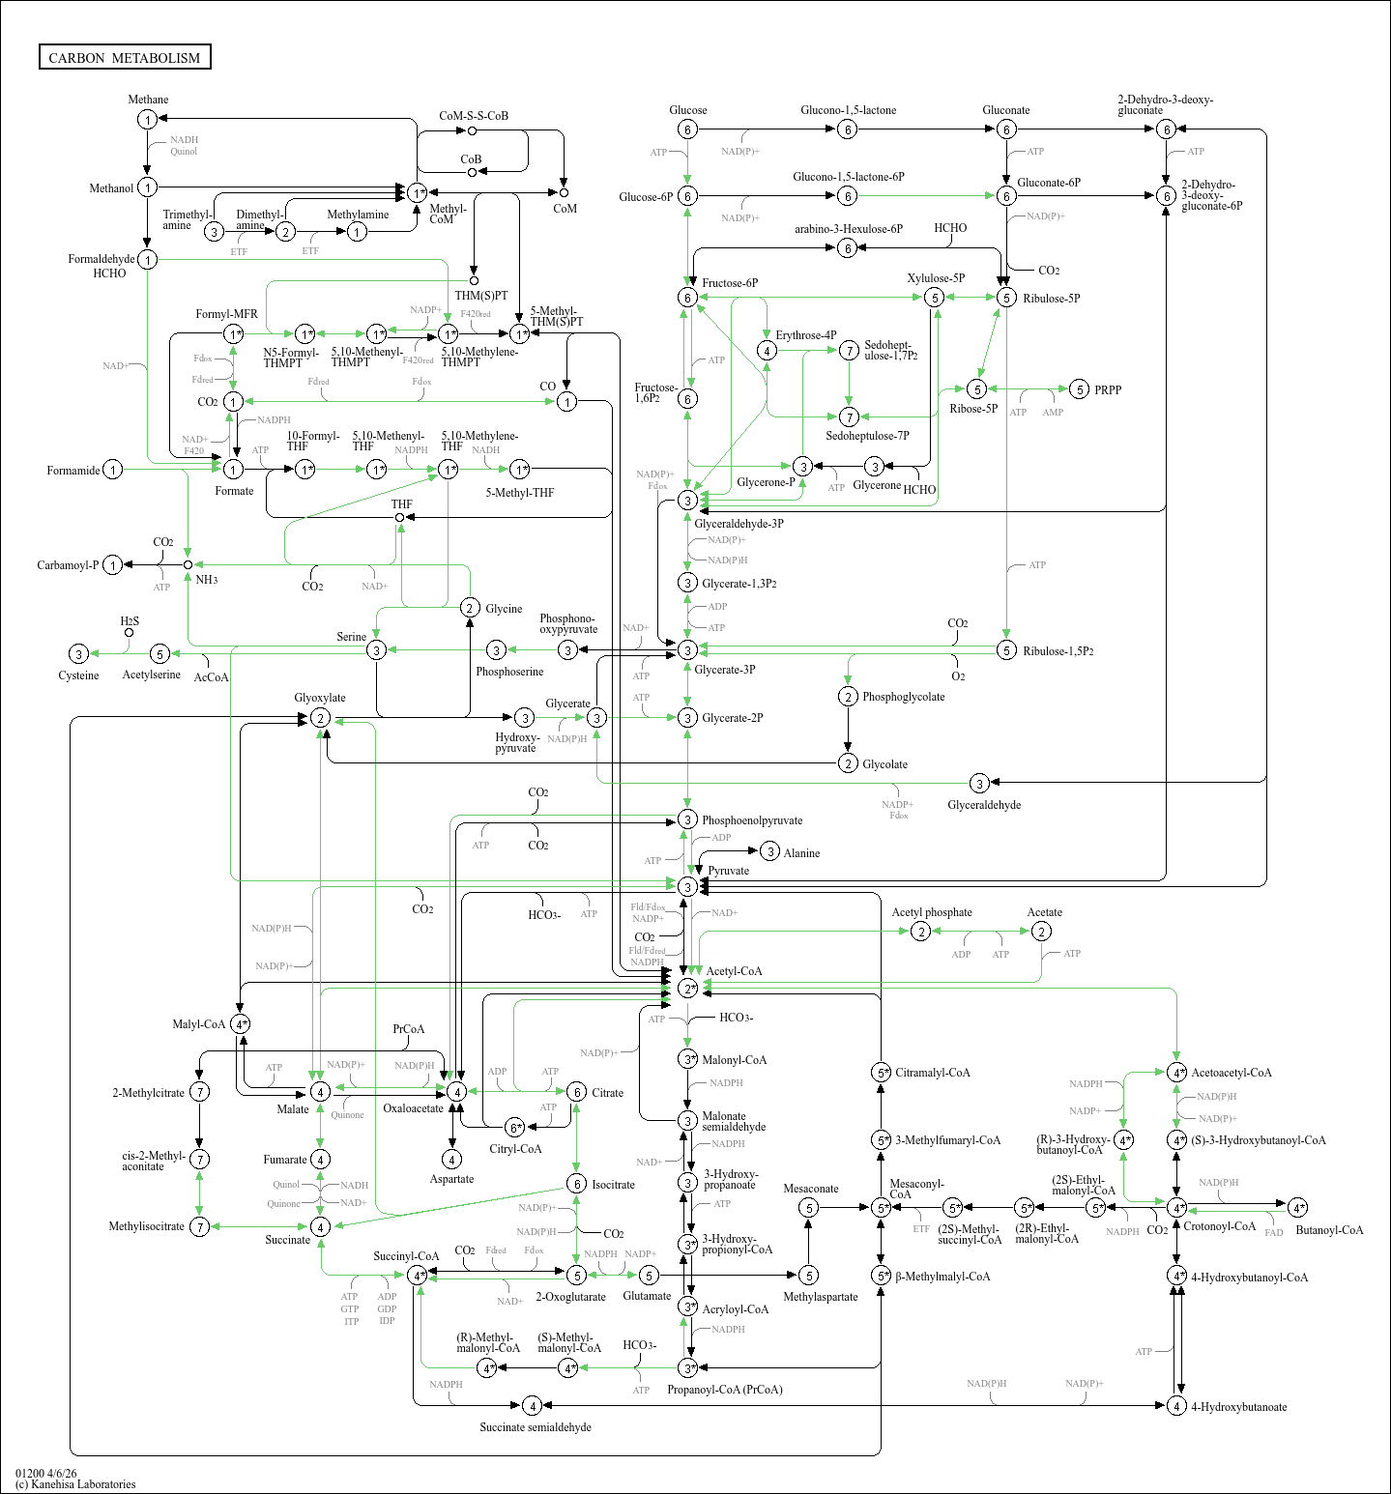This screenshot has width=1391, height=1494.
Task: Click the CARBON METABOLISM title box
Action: (125, 57)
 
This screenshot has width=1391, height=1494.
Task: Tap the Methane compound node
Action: (147, 119)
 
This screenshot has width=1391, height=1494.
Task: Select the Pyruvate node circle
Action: (687, 886)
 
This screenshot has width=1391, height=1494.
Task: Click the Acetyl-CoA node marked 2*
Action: (687, 988)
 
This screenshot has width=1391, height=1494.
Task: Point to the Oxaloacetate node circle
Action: (456, 1091)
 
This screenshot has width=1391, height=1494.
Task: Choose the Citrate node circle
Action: (576, 1092)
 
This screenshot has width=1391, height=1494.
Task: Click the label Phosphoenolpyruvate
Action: (752, 820)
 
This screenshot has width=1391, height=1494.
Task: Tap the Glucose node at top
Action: (687, 129)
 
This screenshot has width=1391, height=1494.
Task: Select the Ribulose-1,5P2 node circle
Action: (1006, 650)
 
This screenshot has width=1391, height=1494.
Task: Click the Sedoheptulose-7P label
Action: (867, 436)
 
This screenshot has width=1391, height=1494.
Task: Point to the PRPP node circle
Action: (1079, 389)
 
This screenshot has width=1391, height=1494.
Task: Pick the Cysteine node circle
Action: (79, 654)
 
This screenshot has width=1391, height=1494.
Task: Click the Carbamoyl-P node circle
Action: (113, 565)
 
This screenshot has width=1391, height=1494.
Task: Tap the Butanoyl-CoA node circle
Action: (1297, 1207)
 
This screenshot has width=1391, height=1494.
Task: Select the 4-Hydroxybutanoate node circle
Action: (1176, 1405)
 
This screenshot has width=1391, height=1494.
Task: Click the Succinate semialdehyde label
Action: (536, 1427)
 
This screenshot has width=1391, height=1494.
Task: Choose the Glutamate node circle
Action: (649, 1276)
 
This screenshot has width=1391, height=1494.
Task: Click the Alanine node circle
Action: (769, 851)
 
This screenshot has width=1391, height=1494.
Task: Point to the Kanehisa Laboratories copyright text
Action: (75, 1484)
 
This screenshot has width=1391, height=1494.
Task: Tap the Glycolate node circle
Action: (848, 763)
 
